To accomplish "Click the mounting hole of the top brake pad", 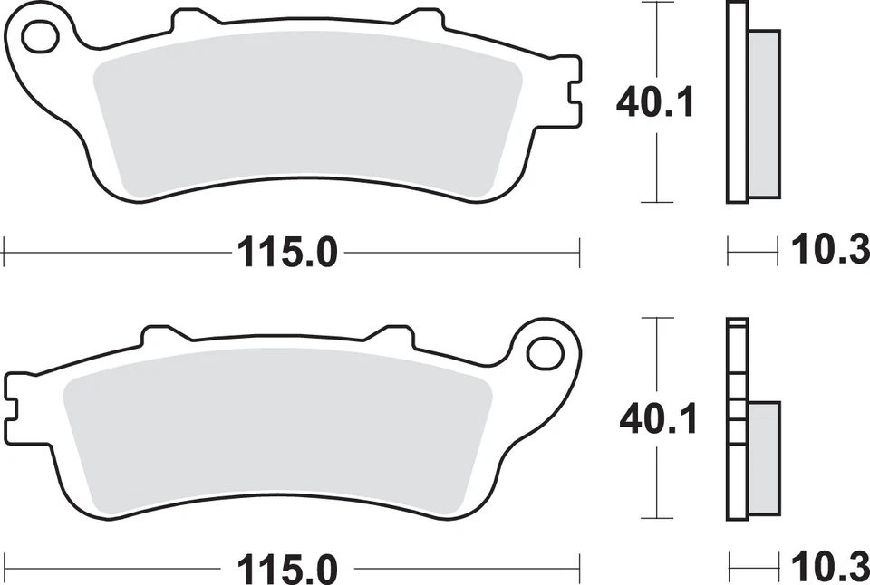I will tap(39, 36).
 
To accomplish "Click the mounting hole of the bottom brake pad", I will tap(546, 351).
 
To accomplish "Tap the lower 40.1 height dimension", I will tap(656, 419).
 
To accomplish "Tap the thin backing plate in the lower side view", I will tap(736, 419).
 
